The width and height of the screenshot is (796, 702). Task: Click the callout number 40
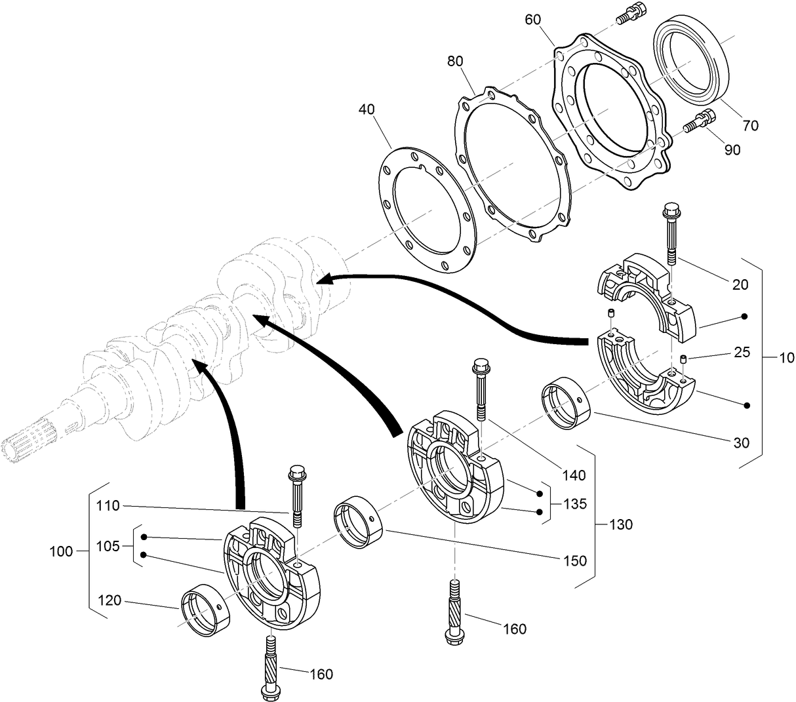(x=367, y=109)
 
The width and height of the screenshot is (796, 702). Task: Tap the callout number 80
(x=456, y=61)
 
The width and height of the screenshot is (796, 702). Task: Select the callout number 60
(x=533, y=19)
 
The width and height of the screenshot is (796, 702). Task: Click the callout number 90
(x=732, y=149)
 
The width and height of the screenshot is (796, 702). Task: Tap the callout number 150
(x=574, y=560)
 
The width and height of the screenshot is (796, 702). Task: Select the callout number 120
(x=109, y=599)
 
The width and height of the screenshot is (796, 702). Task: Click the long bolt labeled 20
(x=671, y=236)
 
